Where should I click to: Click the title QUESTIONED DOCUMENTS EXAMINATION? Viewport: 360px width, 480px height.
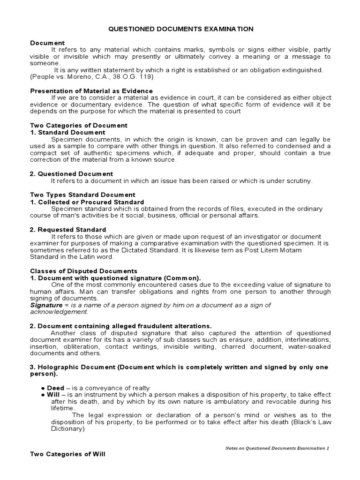point(181,29)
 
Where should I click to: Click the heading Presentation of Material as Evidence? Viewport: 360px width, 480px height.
point(91,90)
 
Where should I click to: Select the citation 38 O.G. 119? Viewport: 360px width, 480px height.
point(137,76)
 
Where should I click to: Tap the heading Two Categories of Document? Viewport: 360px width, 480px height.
point(79,126)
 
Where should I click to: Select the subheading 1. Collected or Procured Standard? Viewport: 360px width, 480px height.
point(87,202)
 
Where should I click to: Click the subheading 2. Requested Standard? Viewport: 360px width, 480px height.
point(68,230)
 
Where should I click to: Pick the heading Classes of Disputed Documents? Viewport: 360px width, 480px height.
point(83,271)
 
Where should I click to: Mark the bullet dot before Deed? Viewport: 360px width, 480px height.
point(43,388)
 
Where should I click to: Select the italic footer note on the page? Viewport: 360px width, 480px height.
point(277,448)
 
